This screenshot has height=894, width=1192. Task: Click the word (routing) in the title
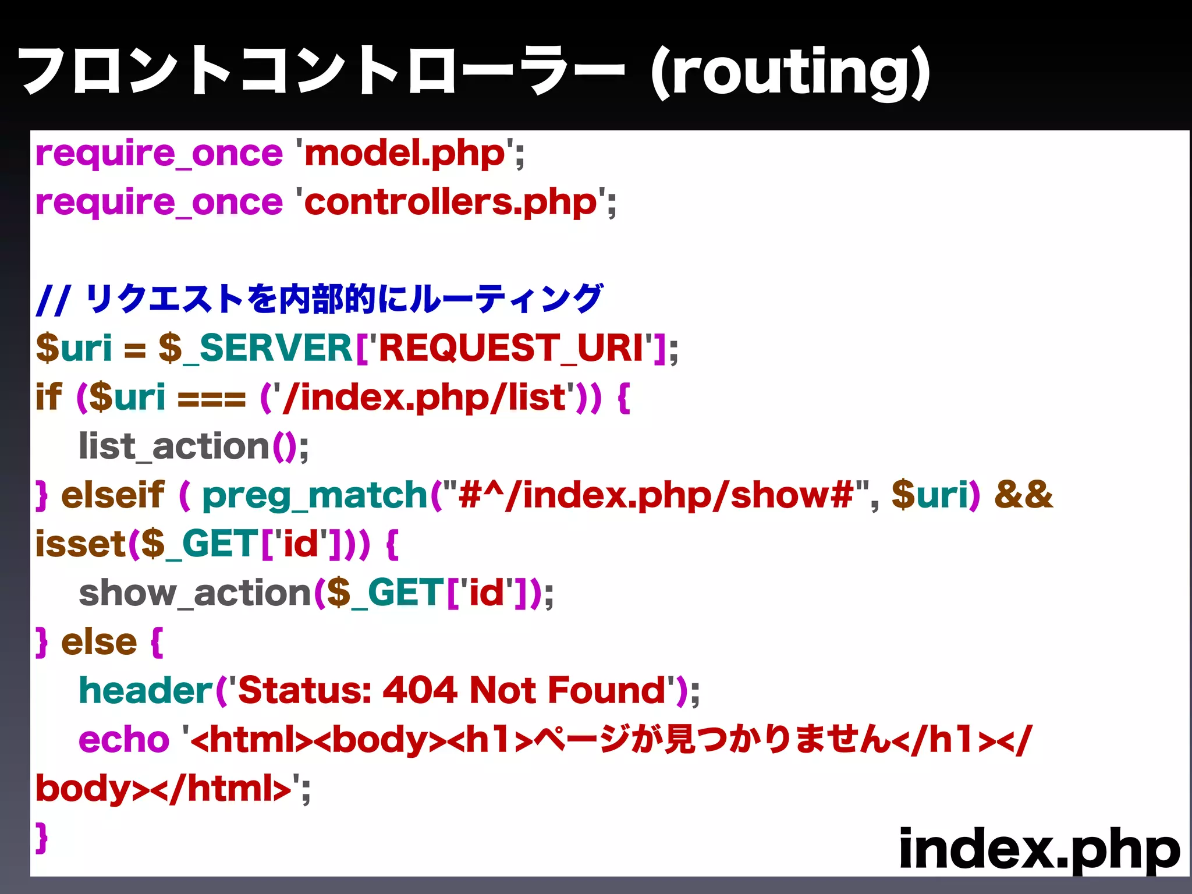790,72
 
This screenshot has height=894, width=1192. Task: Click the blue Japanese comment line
319,299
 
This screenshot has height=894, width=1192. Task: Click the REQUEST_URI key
511,349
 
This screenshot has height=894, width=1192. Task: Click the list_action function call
175,447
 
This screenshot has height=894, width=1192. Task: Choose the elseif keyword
113,496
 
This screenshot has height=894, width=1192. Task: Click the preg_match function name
315,496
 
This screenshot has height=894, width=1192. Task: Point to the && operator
1024,495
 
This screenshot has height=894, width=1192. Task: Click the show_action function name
195,594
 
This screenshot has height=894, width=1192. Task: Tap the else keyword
99,643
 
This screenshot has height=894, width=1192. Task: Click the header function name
146,691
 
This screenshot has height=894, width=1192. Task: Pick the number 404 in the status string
420,691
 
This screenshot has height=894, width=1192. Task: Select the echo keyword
124,740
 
